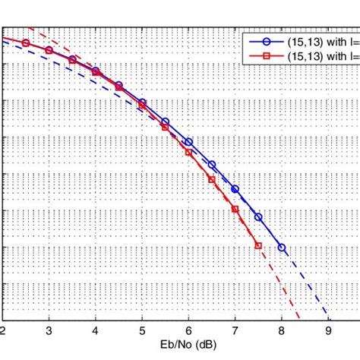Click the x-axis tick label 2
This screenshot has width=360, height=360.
[3, 331]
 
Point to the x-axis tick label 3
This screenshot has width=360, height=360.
[49, 331]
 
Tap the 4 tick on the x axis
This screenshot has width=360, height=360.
[96, 331]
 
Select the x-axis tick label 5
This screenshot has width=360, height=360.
[142, 331]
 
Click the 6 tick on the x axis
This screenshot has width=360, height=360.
[188, 331]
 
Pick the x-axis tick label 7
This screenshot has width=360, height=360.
[235, 331]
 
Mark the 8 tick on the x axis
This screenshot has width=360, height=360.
[282, 331]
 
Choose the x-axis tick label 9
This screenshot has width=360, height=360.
[328, 331]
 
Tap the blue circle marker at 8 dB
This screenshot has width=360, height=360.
[282, 248]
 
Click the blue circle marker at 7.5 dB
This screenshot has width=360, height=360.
[258, 216]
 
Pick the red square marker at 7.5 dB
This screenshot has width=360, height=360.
[258, 245]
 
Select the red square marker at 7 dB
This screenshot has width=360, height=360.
[235, 209]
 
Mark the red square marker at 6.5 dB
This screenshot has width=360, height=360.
[212, 179]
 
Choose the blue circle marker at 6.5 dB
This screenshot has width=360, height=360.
[212, 165]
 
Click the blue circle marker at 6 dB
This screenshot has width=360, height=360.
[188, 142]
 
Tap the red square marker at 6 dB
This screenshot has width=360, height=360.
[188, 152]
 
